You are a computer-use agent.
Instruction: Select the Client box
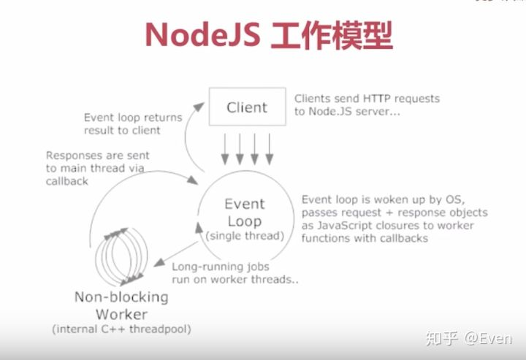[246, 107]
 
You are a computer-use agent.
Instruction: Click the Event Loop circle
[244, 212]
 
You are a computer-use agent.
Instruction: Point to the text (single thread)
[245, 236]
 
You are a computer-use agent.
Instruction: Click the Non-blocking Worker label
[121, 306]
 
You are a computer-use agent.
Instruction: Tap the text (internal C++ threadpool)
[121, 329]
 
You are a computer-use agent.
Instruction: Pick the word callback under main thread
[66, 181]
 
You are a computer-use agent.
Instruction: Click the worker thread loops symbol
[121, 258]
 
